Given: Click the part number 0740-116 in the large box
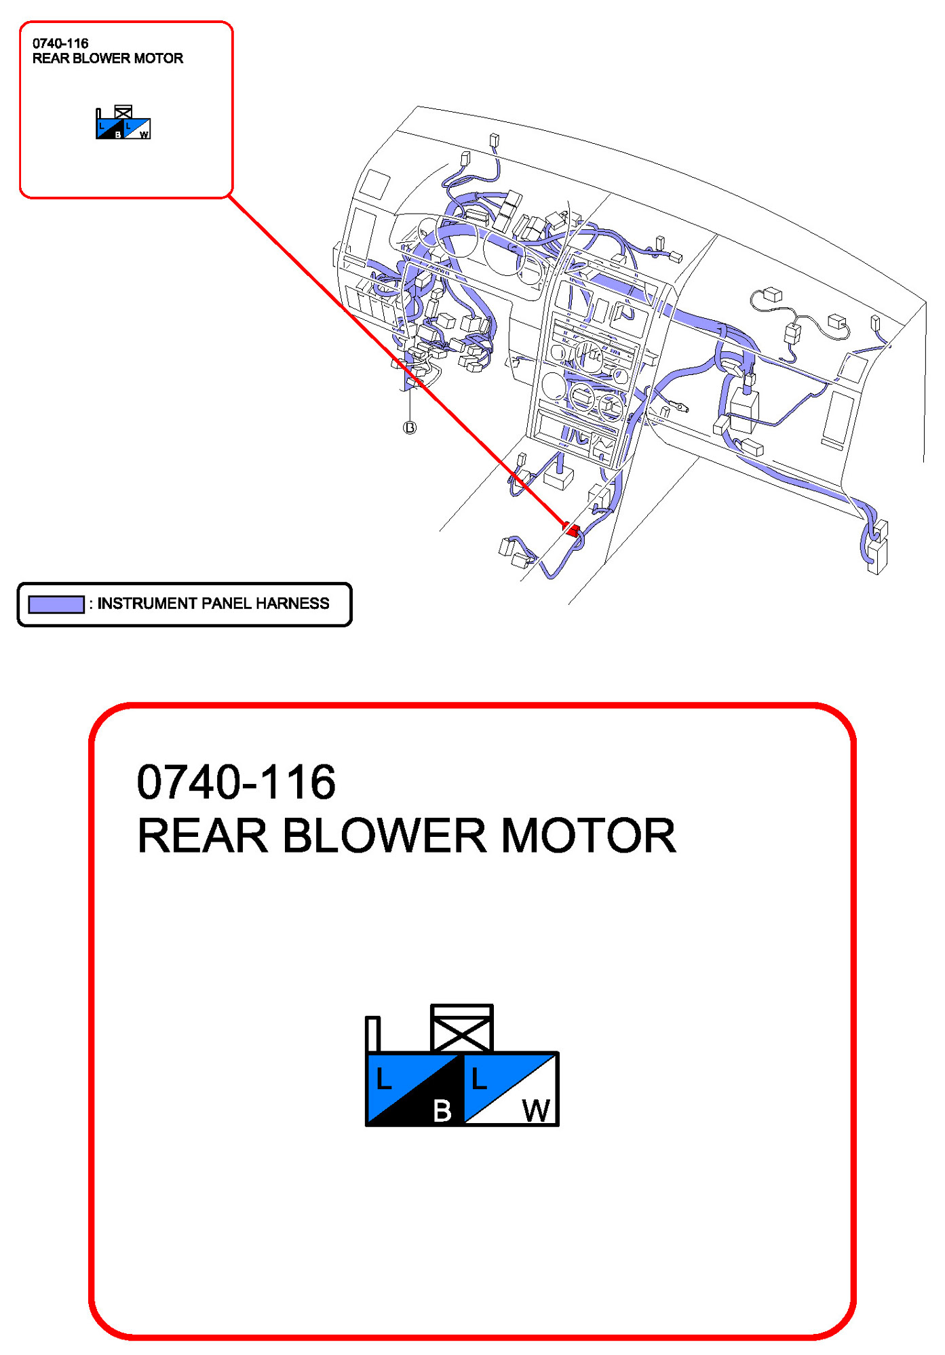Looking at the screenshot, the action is tap(235, 782).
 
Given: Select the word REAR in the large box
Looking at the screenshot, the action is tap(202, 836).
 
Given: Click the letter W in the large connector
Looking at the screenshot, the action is tap(536, 1110).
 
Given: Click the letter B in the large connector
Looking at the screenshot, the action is tap(442, 1110).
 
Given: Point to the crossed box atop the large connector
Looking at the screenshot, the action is tap(462, 1028).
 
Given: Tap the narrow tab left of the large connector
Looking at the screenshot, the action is tap(372, 1034).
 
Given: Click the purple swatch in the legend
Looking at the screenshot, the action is tap(56, 604).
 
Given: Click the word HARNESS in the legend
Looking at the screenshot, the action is tap(292, 604).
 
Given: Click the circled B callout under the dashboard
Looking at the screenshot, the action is tap(410, 427).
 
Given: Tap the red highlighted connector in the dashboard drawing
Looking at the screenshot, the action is tap(571, 529).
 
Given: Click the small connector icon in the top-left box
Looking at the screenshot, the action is tap(123, 123).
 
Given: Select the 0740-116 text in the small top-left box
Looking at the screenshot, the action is tap(60, 43).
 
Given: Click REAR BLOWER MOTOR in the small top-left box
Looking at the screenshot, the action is tap(108, 58).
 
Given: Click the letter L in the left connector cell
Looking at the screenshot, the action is tap(383, 1078).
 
